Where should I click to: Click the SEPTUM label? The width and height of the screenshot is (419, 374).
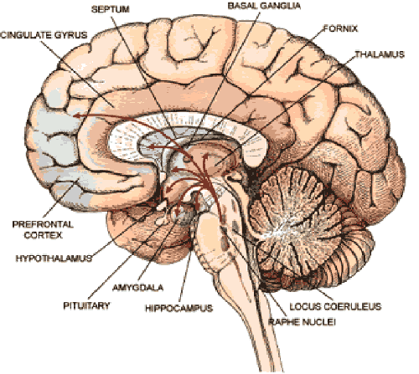(x=111, y=9)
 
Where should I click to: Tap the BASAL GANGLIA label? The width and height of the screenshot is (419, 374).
(x=264, y=6)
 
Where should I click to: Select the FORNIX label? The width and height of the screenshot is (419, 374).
(x=340, y=28)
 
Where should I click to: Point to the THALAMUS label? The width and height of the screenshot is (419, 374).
(x=380, y=54)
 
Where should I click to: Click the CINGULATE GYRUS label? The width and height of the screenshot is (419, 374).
(x=44, y=35)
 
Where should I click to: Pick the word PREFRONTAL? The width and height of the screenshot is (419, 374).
(x=43, y=224)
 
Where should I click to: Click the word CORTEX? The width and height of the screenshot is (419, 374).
(x=43, y=235)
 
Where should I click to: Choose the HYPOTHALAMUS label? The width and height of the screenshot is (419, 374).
(x=54, y=259)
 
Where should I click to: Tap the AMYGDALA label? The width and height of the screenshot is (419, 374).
(x=137, y=288)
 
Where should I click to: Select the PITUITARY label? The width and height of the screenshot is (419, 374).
(x=86, y=305)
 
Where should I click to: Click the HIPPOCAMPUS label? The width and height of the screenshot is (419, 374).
(x=179, y=308)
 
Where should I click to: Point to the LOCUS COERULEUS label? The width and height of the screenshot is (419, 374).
(x=335, y=306)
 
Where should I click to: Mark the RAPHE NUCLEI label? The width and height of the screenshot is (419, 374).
(x=302, y=322)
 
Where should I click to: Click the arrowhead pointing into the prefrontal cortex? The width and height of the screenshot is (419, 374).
(x=76, y=115)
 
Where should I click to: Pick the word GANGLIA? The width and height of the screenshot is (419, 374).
(x=280, y=6)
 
